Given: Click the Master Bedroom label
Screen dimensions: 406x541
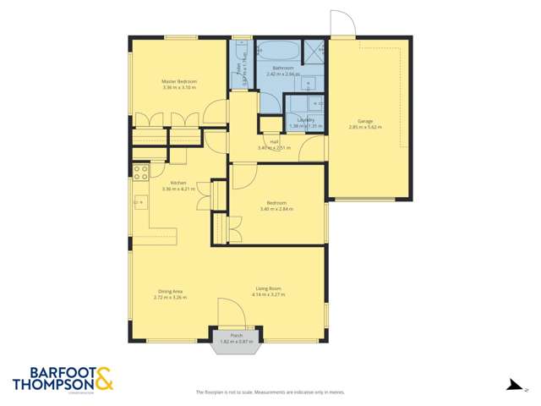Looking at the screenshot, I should click(x=179, y=82).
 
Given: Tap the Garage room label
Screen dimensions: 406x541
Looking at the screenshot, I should click(x=365, y=122).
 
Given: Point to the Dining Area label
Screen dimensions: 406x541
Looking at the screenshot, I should click(x=169, y=291).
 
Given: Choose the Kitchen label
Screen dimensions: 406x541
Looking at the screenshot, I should click(x=178, y=184).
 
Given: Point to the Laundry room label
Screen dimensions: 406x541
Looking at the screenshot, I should click(x=306, y=119).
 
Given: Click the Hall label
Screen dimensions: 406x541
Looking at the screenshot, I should click(x=274, y=142).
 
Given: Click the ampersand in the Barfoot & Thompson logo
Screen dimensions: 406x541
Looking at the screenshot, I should click(x=104, y=379).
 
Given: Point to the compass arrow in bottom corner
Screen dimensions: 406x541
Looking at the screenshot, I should click(x=511, y=385).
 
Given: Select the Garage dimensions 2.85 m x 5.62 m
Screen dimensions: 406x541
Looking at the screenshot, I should click(x=365, y=128).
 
